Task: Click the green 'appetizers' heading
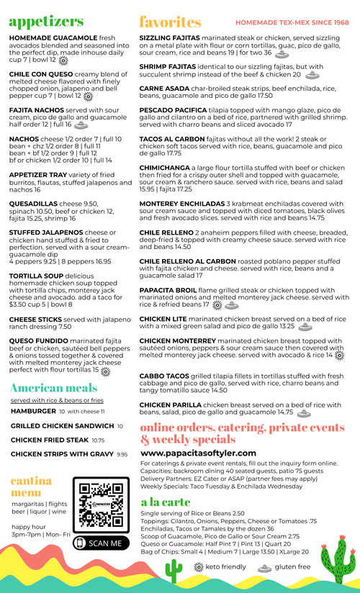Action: (x=46, y=22)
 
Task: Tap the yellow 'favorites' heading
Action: (x=170, y=22)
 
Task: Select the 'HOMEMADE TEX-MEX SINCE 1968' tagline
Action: (x=292, y=23)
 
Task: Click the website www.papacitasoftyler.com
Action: (x=198, y=453)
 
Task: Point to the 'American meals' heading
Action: (x=53, y=389)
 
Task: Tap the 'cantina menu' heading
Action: (x=31, y=486)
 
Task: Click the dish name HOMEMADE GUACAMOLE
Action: (x=53, y=37)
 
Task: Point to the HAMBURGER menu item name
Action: (x=33, y=412)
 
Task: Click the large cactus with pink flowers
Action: (x=336, y=557)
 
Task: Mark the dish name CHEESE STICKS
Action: (x=35, y=319)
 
